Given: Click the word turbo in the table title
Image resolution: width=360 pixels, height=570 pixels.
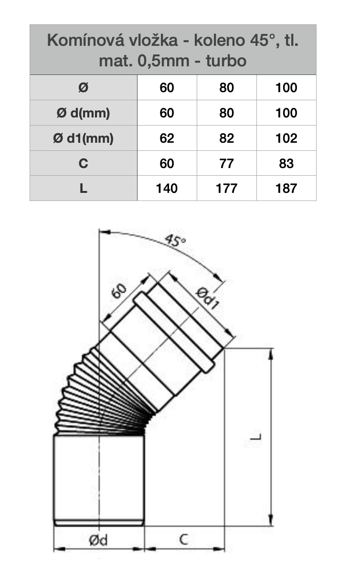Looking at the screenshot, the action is [x=226, y=61].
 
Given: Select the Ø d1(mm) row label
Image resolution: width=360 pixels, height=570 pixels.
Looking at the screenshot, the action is [x=83, y=138].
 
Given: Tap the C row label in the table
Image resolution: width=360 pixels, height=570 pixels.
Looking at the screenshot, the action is [x=83, y=164].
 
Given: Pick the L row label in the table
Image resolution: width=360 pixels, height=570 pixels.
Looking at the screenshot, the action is [x=83, y=188].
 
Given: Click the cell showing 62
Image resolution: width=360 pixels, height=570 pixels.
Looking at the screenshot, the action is [x=167, y=138].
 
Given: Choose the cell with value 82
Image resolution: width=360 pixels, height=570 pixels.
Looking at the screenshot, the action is [x=226, y=138].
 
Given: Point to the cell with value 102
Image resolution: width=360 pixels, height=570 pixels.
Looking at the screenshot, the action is [x=286, y=138].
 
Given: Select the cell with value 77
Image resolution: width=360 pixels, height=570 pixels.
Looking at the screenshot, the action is [x=226, y=164].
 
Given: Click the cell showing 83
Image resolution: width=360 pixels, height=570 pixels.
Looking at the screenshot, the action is [x=286, y=164].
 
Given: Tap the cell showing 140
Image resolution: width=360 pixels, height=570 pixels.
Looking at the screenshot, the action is [x=167, y=188].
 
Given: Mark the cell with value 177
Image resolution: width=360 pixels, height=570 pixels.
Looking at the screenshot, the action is [x=226, y=188].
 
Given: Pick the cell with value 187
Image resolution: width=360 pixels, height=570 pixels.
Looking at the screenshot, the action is [x=286, y=188].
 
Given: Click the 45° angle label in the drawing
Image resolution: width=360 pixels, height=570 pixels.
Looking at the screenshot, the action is [x=175, y=240].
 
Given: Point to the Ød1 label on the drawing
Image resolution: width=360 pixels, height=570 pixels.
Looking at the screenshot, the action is [x=208, y=298].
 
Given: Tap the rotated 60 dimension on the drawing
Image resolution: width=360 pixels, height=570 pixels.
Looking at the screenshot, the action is [x=119, y=291].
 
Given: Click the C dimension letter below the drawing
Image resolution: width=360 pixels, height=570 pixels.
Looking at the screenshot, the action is [x=184, y=539].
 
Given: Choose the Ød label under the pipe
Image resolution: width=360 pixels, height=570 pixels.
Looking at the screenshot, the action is [x=98, y=540].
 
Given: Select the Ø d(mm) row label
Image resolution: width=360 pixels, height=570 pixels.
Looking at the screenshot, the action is [x=83, y=113].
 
